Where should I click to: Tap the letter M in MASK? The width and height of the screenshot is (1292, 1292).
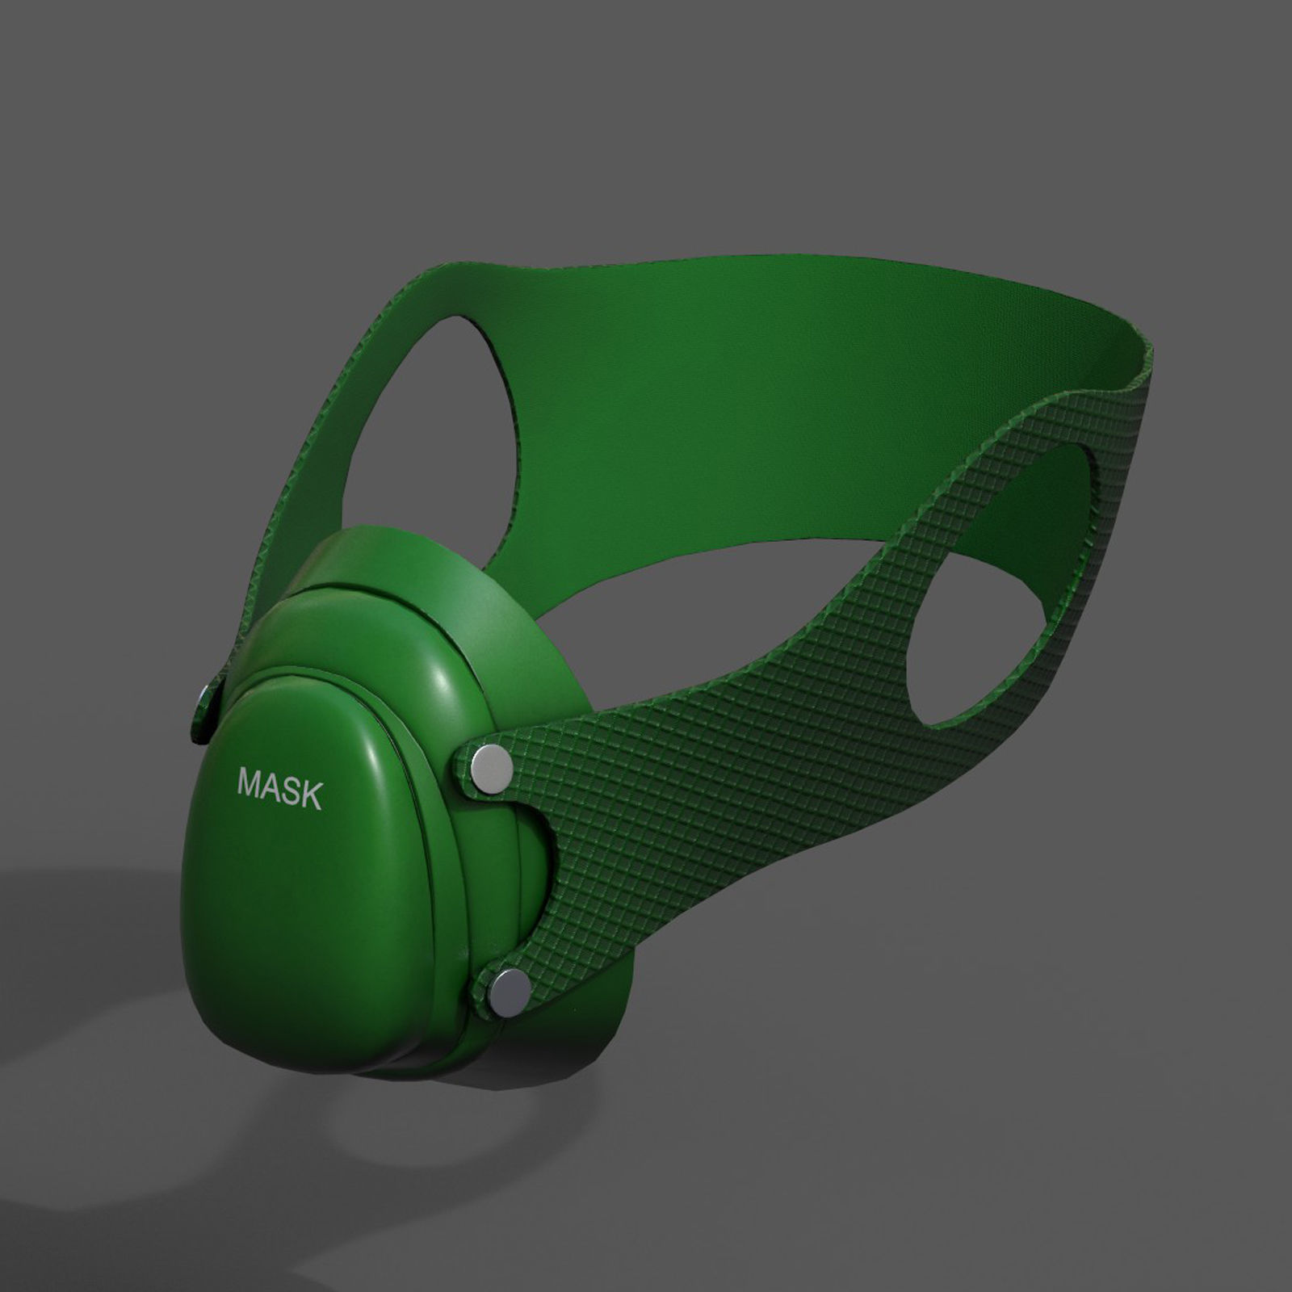[x=250, y=782]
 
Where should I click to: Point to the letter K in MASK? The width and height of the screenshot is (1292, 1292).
[x=310, y=796]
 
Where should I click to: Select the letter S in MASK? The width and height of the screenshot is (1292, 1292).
[x=291, y=791]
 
